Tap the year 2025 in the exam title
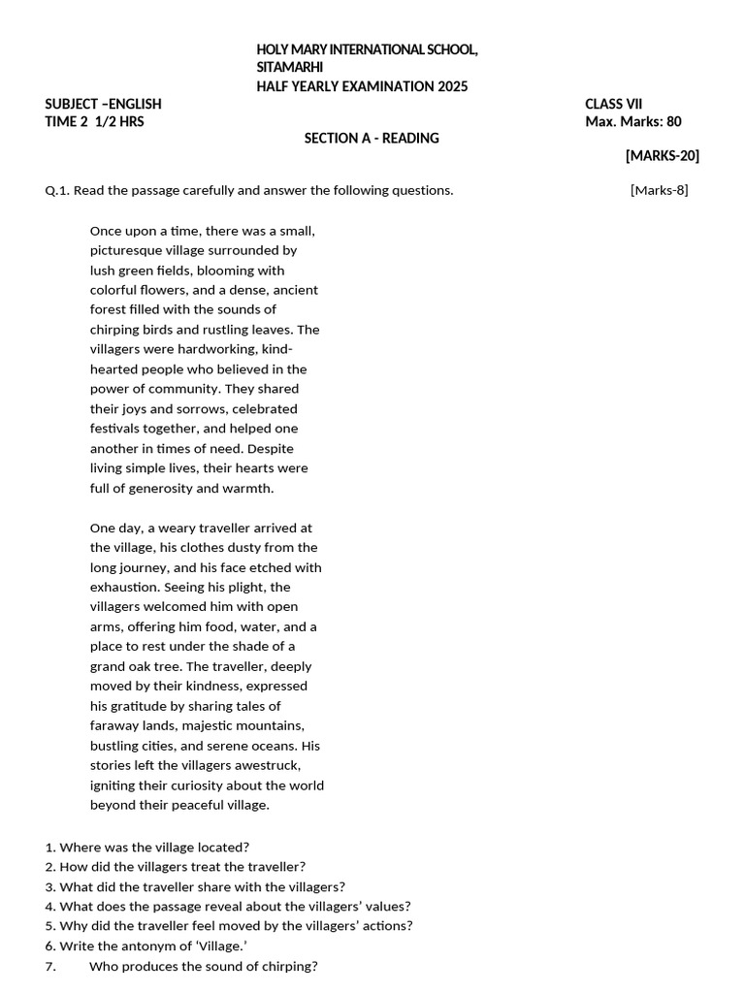pyautogui.click(x=452, y=86)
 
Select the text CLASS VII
pyautogui.click(x=613, y=104)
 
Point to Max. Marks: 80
pyautogui.click(x=632, y=121)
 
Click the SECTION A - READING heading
pyautogui.click(x=372, y=138)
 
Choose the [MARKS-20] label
pyautogui.click(x=662, y=155)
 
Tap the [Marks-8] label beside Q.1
pyautogui.click(x=659, y=190)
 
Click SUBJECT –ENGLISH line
pyautogui.click(x=104, y=104)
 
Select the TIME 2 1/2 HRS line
pyautogui.click(x=95, y=121)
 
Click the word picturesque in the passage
pyautogui.click(x=127, y=250)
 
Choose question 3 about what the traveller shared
pyautogui.click(x=194, y=886)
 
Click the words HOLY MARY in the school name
pyautogui.click(x=288, y=49)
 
